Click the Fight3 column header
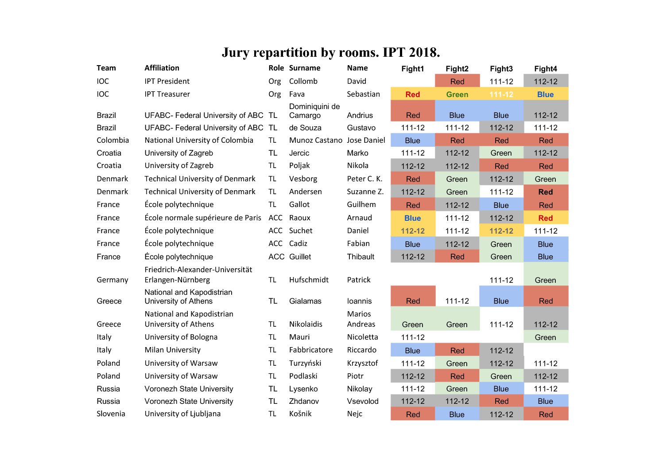501,69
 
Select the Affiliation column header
162,68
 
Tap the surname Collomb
303,81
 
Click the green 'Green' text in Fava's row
457,94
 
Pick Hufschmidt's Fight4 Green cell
545,280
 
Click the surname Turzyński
305,363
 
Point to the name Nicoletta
362,337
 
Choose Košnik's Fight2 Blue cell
457,414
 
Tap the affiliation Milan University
172,350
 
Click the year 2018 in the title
424,52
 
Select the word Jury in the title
236,52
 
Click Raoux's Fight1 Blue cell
412,218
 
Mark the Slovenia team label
111,414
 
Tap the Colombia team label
112,140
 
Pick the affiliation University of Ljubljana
182,414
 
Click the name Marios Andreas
361,319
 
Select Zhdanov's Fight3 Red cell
501,401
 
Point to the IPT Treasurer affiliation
167,94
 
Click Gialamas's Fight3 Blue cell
501,301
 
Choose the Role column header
276,68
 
